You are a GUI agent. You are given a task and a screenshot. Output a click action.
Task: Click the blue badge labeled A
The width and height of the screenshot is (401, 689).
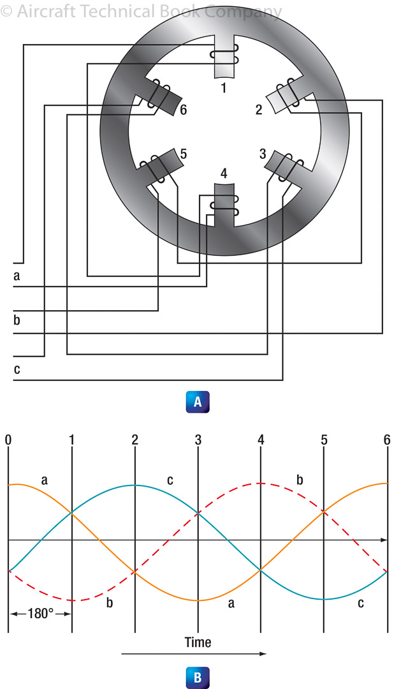click(x=198, y=402)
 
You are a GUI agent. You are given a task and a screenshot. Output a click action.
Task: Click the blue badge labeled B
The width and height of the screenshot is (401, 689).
click(x=198, y=678)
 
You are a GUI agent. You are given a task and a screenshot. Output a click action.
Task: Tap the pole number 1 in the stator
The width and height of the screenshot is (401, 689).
click(x=224, y=87)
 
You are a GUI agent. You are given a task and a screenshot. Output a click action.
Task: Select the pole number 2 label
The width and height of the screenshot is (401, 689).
click(x=259, y=109)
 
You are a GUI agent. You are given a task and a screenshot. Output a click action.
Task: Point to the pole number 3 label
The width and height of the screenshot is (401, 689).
click(x=262, y=153)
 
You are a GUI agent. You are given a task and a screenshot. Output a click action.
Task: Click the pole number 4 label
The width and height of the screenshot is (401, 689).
click(x=223, y=174)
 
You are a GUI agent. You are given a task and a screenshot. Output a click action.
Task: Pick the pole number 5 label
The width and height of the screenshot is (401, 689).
click(x=184, y=154)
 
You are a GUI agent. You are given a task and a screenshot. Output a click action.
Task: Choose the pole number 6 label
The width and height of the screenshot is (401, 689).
click(x=184, y=110)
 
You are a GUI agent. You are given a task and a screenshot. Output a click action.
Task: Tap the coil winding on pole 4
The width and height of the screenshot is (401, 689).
click(x=224, y=205)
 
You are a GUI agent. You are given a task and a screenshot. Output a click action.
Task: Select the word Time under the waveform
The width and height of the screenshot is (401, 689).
click(x=198, y=642)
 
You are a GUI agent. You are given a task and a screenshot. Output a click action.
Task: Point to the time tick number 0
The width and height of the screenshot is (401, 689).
click(x=8, y=440)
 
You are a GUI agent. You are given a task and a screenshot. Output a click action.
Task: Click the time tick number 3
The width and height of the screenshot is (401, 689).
click(x=198, y=440)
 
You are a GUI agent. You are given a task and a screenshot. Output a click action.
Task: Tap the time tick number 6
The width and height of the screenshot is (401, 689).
click(x=387, y=440)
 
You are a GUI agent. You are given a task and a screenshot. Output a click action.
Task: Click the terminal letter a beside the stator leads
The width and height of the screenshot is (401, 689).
click(x=16, y=276)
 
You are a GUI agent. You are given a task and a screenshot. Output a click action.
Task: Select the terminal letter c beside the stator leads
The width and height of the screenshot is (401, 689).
click(x=16, y=369)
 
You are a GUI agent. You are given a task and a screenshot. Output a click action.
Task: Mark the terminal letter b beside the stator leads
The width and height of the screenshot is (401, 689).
click(x=17, y=320)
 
